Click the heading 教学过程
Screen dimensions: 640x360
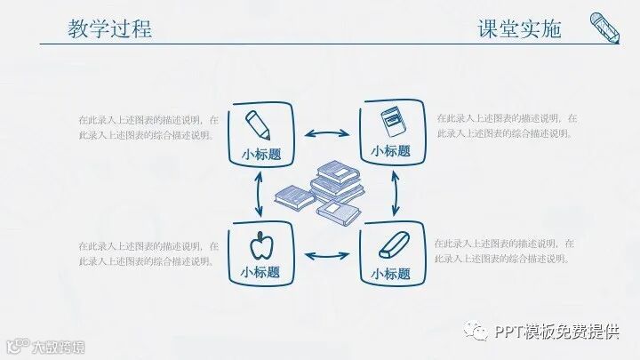click(109, 28)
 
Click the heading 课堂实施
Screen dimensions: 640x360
click(520, 28)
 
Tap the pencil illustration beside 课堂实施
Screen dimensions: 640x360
click(606, 27)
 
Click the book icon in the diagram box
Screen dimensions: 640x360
click(390, 122)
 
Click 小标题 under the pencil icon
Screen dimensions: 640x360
click(260, 152)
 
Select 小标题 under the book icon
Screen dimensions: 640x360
click(391, 150)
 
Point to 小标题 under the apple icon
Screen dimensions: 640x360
click(260, 271)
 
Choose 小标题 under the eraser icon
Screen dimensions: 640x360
click(391, 273)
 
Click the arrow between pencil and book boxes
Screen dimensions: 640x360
click(326, 134)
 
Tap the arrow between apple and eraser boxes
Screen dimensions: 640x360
click(326, 256)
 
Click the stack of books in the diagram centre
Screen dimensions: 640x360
click(322, 190)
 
